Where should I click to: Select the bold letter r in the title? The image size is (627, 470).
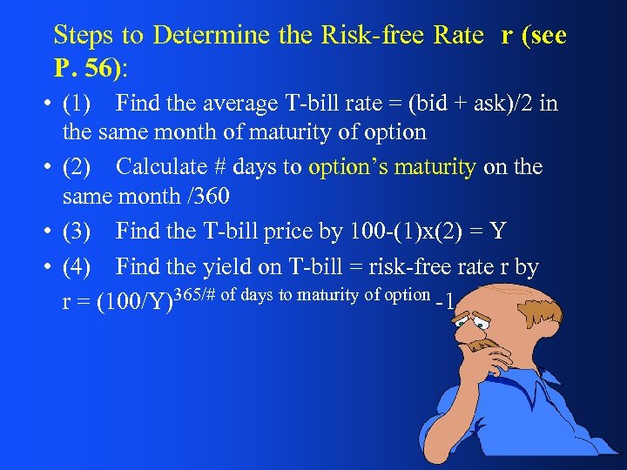tap(506, 35)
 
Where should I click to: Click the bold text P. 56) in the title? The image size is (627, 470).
tap(87, 67)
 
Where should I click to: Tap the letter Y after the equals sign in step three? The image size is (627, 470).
tap(497, 231)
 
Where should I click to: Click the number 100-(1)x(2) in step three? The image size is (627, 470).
tap(405, 231)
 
